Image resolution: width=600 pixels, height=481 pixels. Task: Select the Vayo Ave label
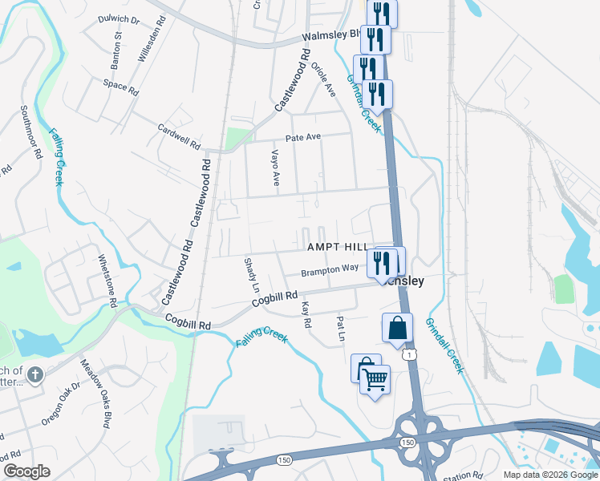click(275, 168)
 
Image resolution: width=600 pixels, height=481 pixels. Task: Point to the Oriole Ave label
click(328, 81)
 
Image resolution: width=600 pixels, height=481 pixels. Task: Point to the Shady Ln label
click(252, 275)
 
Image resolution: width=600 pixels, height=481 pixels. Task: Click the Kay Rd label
click(306, 314)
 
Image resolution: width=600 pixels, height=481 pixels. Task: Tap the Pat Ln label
click(340, 329)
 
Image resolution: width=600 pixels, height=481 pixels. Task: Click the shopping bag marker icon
click(397, 328)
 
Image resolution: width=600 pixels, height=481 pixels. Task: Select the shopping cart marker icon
click(375, 378)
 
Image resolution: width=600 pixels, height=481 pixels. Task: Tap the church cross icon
click(34, 374)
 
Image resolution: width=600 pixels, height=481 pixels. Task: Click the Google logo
click(26, 471)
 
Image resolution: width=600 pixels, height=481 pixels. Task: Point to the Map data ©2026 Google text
click(549, 475)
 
